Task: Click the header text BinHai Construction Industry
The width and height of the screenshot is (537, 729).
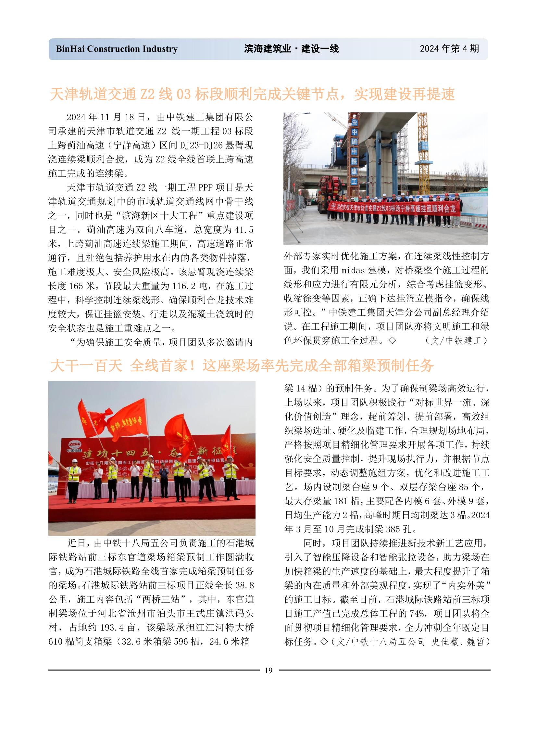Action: [117, 49]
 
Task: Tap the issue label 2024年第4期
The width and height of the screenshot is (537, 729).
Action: [449, 48]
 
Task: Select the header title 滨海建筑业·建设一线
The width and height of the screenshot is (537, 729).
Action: [291, 49]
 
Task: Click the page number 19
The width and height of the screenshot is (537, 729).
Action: [268, 670]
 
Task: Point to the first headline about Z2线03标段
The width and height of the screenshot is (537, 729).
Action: [252, 94]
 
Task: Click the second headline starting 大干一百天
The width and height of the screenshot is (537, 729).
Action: [242, 366]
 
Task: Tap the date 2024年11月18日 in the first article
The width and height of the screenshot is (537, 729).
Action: [106, 117]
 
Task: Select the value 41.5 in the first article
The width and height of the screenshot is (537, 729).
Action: [244, 230]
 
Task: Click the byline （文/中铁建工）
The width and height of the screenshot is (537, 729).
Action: [456, 340]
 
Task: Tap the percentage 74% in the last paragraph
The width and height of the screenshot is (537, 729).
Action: [417, 614]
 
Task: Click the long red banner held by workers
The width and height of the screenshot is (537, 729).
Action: [394, 208]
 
